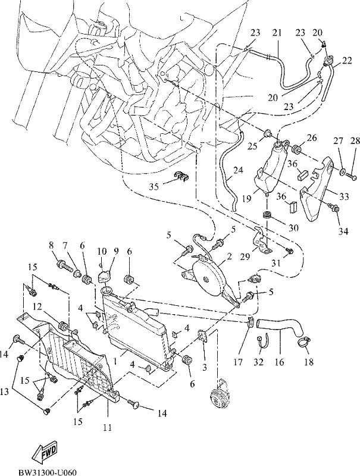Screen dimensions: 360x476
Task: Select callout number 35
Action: [x=155, y=186]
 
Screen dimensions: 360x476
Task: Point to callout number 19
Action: [x=246, y=198]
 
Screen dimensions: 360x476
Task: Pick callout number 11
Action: [x=108, y=428]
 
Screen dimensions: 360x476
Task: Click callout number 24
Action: [x=238, y=170]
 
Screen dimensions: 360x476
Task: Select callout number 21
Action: [x=277, y=33]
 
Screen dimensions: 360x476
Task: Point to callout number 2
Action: [x=229, y=256]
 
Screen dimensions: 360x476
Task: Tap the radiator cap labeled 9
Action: [x=104, y=277]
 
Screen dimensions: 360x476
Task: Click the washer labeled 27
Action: [x=343, y=173]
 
